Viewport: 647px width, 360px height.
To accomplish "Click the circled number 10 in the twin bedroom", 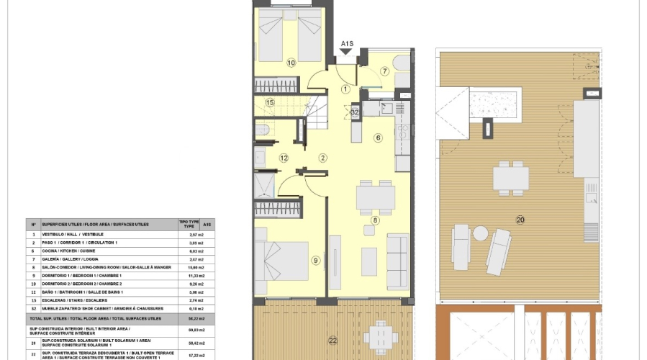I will (291, 63).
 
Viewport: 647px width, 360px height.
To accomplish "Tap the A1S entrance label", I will (347, 45).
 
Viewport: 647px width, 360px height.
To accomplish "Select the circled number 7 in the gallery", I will (384, 71).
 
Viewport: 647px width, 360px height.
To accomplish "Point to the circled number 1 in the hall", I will (345, 89).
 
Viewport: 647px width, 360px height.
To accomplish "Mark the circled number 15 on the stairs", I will (270, 103).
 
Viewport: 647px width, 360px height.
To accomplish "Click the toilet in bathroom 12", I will (262, 130).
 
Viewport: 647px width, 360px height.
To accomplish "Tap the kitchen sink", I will (386, 108).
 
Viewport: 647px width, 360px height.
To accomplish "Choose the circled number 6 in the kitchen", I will (378, 138).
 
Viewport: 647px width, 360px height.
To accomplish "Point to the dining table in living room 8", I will (376, 197).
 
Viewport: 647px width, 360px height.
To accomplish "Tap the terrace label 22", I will (332, 340).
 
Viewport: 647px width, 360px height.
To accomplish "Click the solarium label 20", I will (520, 220).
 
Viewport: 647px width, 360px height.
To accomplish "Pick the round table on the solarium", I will (480, 233).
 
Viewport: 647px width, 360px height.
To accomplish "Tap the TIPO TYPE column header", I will (188, 224).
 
